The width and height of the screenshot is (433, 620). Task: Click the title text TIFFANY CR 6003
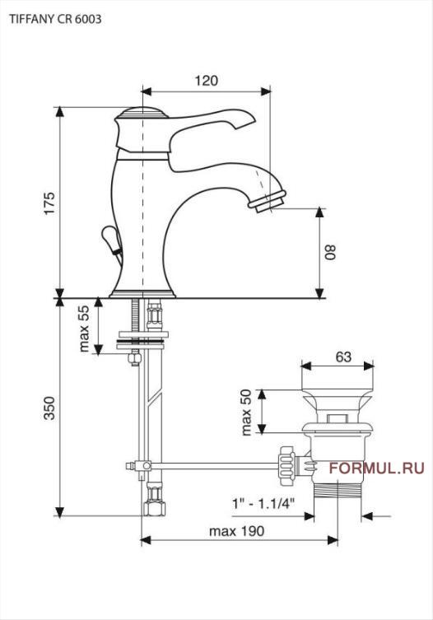(x=55, y=19)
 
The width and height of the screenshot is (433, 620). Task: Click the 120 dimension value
(x=206, y=81)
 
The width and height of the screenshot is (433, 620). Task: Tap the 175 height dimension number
(x=49, y=203)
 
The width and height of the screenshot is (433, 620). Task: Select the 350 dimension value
(x=49, y=408)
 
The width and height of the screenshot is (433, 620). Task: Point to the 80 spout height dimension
(x=330, y=251)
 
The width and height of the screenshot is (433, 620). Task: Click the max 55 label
(x=84, y=329)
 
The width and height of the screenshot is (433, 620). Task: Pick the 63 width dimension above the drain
(x=343, y=357)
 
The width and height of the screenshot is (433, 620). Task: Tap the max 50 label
(x=246, y=413)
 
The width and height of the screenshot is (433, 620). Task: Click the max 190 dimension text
(x=236, y=531)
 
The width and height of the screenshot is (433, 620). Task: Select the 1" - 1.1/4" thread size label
(x=263, y=504)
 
